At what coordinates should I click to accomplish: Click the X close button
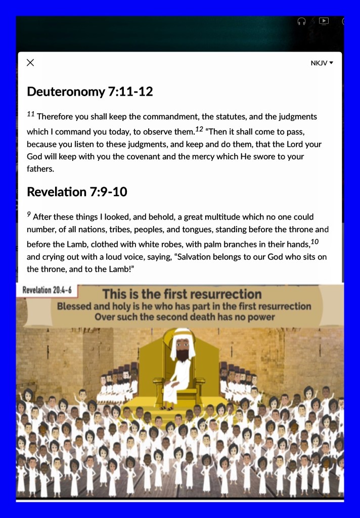coord(30,63)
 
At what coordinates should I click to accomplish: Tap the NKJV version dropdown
coord(322,63)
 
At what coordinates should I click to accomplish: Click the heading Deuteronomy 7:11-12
coord(89,92)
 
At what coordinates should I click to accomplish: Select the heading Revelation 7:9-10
coord(77,192)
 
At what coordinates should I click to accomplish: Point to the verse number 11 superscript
coord(30,114)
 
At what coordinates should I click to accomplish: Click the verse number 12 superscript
coord(199,129)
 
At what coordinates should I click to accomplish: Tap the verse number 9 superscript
coord(29,215)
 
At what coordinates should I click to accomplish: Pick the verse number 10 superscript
coord(315,241)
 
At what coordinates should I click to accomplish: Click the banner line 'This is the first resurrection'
coord(182,294)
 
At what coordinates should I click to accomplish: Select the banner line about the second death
coord(185,318)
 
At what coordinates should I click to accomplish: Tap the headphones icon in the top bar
coord(302,21)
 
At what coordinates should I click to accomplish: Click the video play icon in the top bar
coord(324,21)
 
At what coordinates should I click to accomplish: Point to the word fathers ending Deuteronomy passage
coord(40,169)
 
